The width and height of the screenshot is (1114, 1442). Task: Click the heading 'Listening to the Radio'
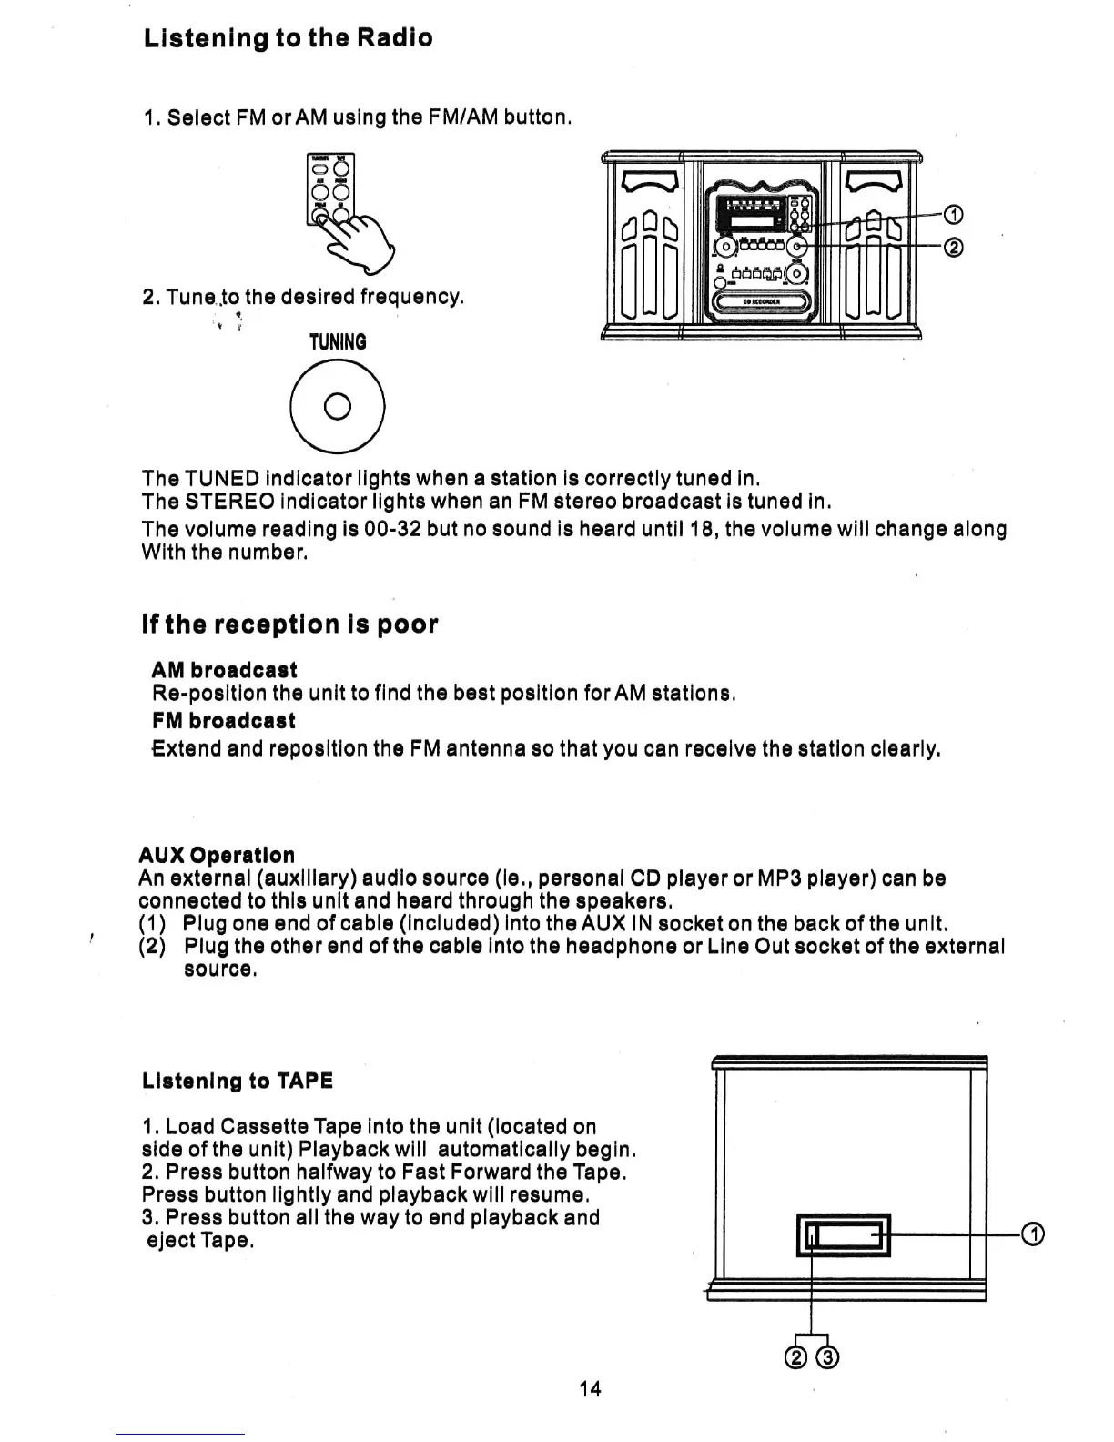pos(288,38)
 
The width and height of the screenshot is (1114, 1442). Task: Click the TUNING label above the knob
pos(338,342)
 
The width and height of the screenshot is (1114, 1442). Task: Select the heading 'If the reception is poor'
pos(289,625)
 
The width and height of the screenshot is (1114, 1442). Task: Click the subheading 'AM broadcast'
pos(224,670)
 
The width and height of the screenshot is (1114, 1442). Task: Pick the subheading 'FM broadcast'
pos(223,721)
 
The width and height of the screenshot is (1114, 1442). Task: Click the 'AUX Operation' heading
pos(217,855)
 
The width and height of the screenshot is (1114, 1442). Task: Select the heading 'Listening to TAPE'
pos(238,1081)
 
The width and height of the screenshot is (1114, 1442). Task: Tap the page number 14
pos(590,1388)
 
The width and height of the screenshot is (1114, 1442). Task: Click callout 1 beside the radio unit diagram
pos(953,216)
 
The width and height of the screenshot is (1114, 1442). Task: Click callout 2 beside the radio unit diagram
pos(953,248)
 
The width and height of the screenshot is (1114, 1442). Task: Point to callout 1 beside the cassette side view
pos(1032,1234)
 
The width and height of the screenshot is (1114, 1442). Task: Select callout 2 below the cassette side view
pos(795,1357)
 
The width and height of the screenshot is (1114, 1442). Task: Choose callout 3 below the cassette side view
pos(828,1357)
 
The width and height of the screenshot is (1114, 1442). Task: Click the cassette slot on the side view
pos(843,1234)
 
